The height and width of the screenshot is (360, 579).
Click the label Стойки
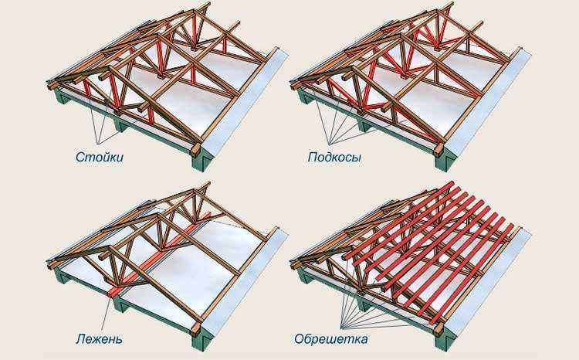pos(100,157)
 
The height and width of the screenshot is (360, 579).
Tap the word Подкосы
pos(334,158)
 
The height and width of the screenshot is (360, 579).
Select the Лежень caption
pos(99,338)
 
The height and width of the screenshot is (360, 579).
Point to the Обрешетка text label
pos(331,338)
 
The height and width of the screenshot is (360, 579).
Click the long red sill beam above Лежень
pos(160,254)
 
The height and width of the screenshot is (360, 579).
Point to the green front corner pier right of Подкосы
pos(445,160)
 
